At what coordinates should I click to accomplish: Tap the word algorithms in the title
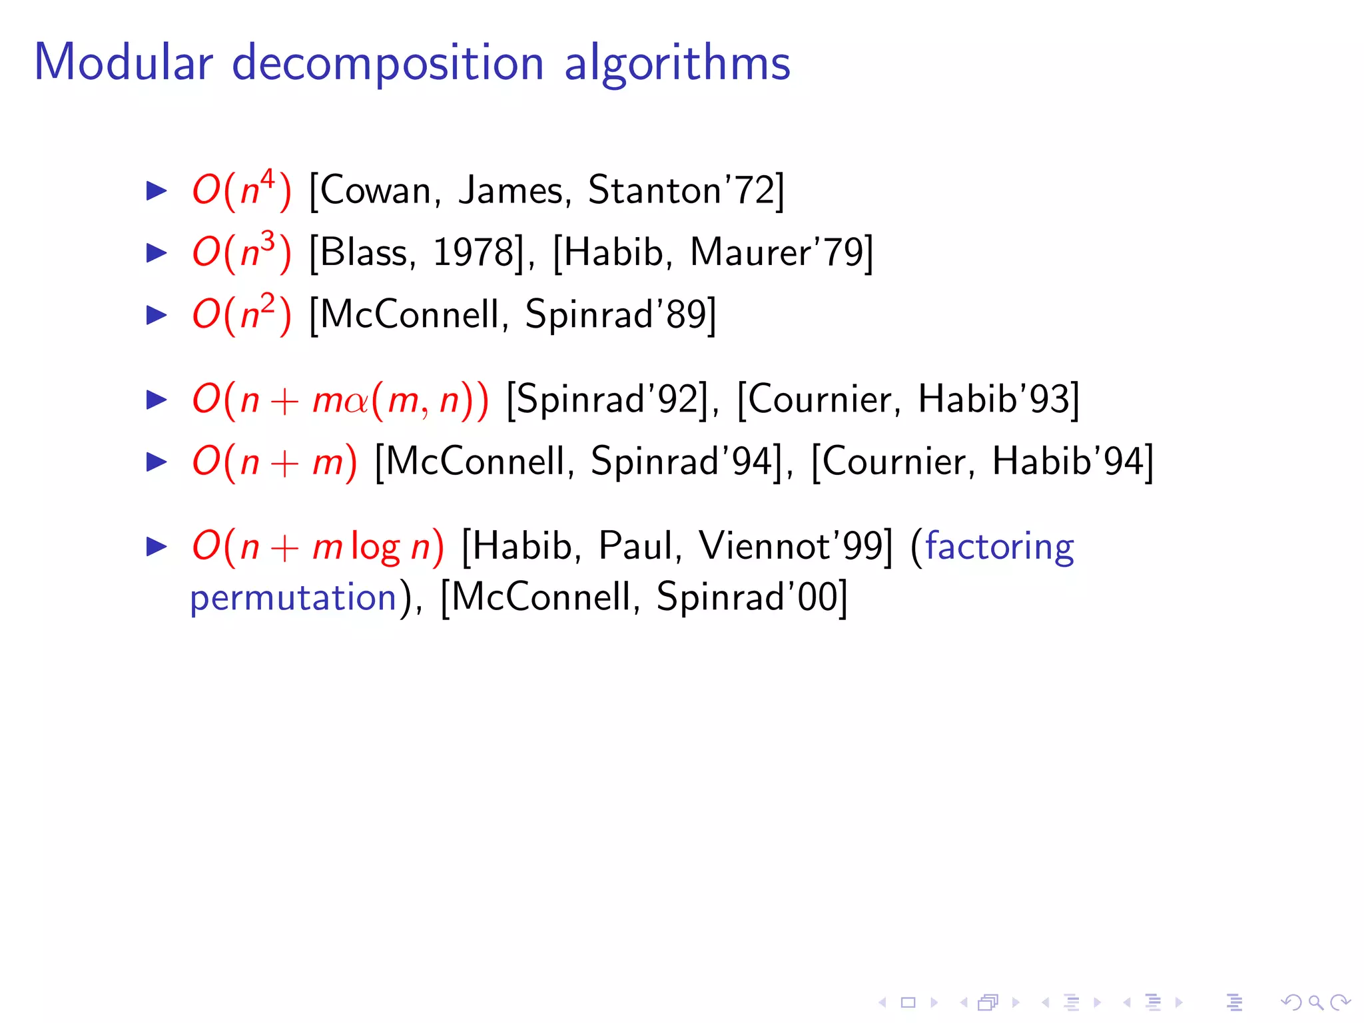tap(677, 63)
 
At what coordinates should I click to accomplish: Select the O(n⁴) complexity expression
tap(241, 190)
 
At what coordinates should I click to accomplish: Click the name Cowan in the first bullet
tap(376, 190)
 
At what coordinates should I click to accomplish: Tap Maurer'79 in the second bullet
tap(776, 252)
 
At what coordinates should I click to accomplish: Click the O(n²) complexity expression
tap(241, 314)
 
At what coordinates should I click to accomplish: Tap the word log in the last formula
tap(375, 547)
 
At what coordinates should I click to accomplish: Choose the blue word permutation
tap(294, 597)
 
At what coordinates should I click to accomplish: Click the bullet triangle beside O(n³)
tap(157, 253)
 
